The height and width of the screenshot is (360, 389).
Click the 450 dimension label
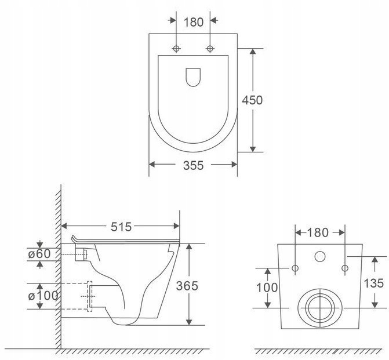252,100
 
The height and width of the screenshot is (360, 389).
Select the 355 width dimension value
193,165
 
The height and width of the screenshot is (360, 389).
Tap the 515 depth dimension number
121,227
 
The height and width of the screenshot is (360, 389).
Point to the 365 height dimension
187,286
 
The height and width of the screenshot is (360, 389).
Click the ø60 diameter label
39,254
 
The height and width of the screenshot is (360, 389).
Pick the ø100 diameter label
43,296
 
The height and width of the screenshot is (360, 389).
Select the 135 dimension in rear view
373,283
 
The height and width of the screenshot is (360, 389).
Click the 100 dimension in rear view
267,288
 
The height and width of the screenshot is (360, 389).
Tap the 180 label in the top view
194,23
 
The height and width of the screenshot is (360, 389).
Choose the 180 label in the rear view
318,232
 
